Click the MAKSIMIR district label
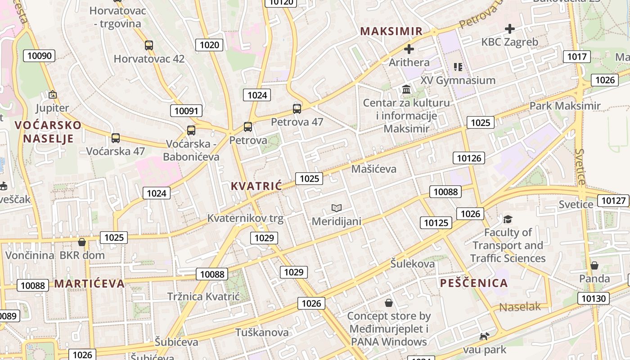tap(391, 31)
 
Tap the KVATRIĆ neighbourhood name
tap(256, 186)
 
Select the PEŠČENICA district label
tap(474, 283)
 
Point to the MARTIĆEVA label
tap(90, 283)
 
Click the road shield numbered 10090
tap(40, 56)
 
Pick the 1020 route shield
tap(209, 45)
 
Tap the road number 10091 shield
tap(186, 111)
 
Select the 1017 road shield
tap(576, 57)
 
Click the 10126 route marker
tap(468, 158)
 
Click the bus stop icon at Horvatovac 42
tap(149, 45)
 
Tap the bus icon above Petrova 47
tap(297, 108)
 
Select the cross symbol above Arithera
tap(409, 49)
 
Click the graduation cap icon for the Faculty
tap(508, 219)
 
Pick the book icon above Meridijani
tap(337, 208)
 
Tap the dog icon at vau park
tap(484, 336)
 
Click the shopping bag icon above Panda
tap(594, 265)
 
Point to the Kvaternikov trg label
tap(245, 218)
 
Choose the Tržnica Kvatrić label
tap(203, 297)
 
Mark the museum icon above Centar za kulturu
tap(406, 90)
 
